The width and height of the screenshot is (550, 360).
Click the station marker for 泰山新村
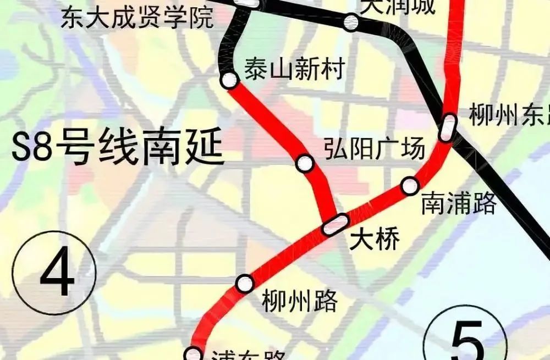[x=229, y=81]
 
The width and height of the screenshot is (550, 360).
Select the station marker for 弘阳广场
[x=305, y=163]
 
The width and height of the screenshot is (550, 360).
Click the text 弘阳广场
[x=375, y=149]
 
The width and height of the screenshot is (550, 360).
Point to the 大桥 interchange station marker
[x=335, y=224]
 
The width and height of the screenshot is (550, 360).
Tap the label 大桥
[x=376, y=240]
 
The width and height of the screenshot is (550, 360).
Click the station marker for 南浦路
[x=410, y=186]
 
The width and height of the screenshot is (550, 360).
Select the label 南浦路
[x=459, y=204]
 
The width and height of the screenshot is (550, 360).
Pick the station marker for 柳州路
[x=245, y=284]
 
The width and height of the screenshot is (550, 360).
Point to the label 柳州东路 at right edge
[x=509, y=115]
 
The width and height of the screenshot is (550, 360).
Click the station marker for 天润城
[x=351, y=23]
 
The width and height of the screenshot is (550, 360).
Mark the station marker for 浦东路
[x=194, y=353]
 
